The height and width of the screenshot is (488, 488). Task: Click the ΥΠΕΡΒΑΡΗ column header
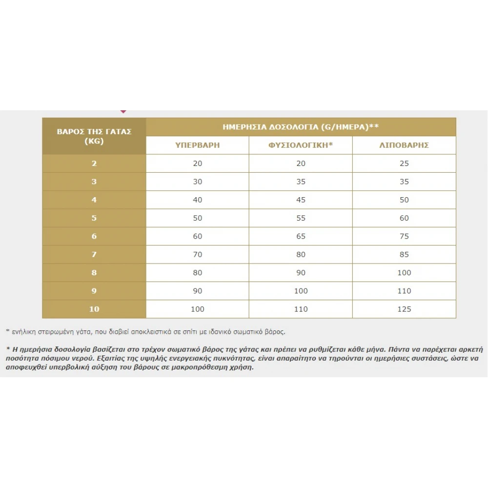tap(198, 145)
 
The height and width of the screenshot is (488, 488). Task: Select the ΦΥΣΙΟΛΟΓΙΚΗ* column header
tap(301, 145)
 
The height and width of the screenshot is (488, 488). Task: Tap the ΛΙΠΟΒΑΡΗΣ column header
tap(404, 145)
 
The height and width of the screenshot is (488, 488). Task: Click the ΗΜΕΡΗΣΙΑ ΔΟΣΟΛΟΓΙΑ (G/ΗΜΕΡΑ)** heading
tap(301, 127)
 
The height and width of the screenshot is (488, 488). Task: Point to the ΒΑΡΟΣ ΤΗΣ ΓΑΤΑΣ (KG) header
tap(94, 136)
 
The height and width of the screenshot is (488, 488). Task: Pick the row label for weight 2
tap(94, 163)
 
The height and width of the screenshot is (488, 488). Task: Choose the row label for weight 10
tap(94, 309)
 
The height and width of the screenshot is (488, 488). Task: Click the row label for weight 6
tap(94, 236)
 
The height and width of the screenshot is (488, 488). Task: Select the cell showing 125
tap(404, 309)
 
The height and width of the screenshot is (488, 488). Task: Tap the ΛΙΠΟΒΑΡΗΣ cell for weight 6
tap(404, 236)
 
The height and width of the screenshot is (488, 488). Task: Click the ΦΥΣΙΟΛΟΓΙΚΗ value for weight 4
tap(301, 200)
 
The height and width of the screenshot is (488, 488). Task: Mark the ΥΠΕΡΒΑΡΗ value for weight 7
tap(198, 254)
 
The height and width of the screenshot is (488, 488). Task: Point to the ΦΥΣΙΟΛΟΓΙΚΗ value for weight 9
tap(301, 291)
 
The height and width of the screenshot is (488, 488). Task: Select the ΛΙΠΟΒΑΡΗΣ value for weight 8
tap(404, 272)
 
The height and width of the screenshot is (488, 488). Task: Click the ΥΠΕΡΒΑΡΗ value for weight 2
tap(198, 163)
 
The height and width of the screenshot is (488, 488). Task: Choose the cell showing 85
tap(404, 254)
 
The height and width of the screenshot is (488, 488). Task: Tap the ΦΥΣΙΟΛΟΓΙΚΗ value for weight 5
tap(301, 218)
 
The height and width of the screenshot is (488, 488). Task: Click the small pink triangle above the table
tap(123, 112)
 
